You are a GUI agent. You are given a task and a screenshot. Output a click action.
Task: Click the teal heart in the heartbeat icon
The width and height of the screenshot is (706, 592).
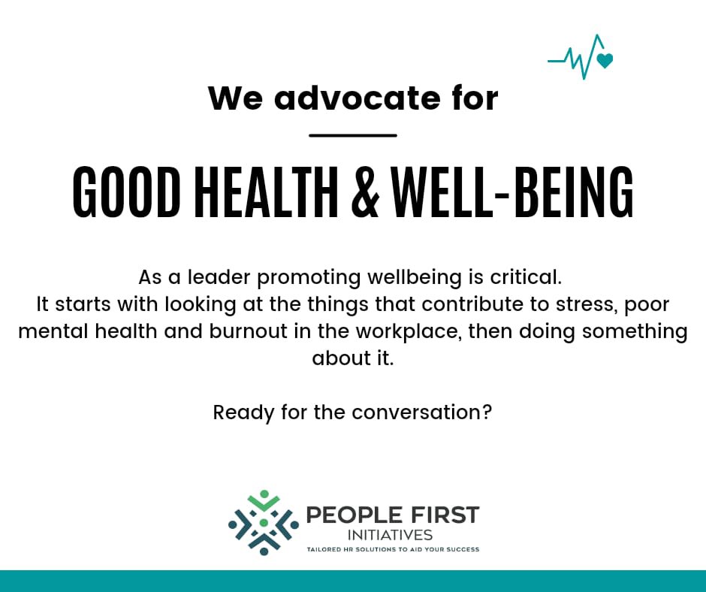point(605,61)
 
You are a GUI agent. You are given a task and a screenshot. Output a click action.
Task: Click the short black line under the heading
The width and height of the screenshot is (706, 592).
point(352,135)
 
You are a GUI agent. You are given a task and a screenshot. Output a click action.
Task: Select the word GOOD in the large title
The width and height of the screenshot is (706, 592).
point(126,192)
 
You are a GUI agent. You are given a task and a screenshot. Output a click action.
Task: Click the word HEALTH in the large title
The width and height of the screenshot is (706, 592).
point(267,192)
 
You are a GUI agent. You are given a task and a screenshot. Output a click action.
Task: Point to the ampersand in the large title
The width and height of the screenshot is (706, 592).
point(365,192)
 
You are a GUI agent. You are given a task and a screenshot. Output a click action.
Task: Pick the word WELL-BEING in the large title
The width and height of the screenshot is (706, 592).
point(512,192)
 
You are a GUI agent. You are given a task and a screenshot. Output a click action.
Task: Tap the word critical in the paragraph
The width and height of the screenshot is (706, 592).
point(525,277)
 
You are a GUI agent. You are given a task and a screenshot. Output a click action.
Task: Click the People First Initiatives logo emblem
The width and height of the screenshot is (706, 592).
point(264,523)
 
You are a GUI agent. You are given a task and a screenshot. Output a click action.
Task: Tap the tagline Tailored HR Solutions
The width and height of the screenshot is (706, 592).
point(392,550)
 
